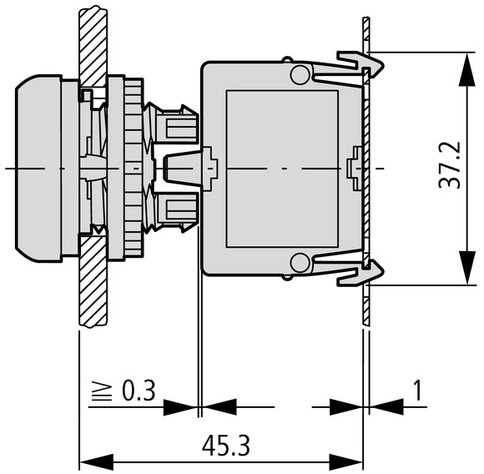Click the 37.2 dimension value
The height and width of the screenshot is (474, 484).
[449, 164]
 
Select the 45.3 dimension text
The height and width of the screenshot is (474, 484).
[225, 446]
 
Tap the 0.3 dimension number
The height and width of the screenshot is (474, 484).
[139, 391]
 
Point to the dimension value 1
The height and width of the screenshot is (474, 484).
[417, 390]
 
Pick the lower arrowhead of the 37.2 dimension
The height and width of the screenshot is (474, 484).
[466, 267]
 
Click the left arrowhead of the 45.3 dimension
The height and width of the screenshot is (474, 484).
[97, 462]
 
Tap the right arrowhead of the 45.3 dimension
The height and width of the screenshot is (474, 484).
[345, 462]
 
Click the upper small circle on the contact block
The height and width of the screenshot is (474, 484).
[300, 74]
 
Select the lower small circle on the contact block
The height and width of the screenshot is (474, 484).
[300, 263]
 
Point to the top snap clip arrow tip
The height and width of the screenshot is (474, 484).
[383, 65]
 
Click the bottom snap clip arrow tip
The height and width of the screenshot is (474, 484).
[383, 272]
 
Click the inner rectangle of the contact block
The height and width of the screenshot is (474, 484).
[282, 169]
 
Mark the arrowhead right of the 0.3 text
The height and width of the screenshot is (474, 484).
[180, 407]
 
